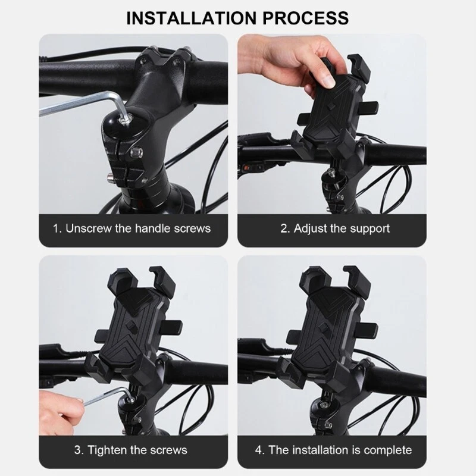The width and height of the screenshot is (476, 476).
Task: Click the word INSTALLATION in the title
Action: [192, 18]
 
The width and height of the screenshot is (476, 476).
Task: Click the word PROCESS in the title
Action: [306, 18]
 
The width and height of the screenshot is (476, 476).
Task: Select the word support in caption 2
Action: [369, 229]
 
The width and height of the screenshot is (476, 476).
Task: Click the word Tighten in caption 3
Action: [107, 450]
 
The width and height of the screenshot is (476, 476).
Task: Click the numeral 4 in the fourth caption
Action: [259, 450]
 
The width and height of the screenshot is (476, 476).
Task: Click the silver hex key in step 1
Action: [82, 103]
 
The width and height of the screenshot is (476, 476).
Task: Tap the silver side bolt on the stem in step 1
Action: [136, 152]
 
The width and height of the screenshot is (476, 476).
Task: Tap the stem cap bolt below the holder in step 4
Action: [324, 405]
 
